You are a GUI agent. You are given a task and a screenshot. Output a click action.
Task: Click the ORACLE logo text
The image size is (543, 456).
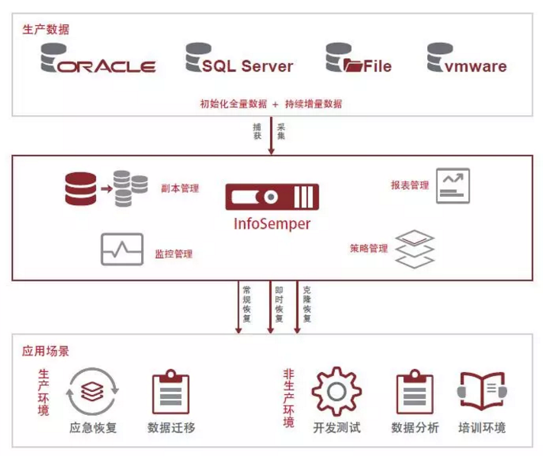107,66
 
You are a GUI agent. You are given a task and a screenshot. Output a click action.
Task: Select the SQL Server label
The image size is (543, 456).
247,66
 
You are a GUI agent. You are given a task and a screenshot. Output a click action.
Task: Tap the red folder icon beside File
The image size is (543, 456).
353,66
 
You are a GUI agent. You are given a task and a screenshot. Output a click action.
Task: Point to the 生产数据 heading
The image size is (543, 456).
45,30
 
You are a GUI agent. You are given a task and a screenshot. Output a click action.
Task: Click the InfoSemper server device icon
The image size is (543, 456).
271,197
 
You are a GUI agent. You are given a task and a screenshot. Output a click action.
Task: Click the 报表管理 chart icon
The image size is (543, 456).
453,185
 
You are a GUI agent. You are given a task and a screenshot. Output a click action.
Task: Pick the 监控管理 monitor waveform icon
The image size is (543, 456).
122,249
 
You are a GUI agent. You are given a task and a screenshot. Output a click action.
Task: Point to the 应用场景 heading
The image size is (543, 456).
46,352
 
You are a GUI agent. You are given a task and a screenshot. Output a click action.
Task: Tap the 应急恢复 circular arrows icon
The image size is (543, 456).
93,391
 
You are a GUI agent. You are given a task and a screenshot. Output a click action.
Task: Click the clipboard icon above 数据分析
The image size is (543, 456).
415,393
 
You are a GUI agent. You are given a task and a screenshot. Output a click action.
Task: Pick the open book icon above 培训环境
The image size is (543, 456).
482,392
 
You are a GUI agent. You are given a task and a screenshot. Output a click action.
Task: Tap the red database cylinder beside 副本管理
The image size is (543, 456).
81,189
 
